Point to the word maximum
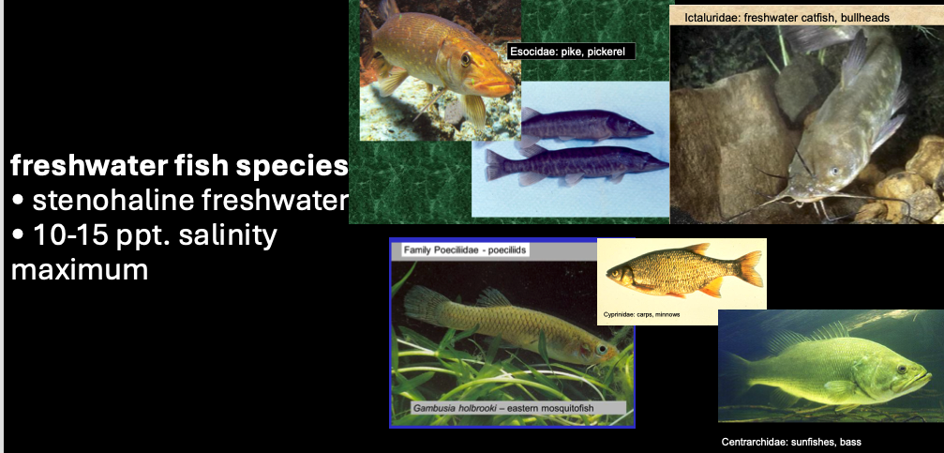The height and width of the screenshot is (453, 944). coord(80,270)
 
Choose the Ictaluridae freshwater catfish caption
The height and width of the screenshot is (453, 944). coord(792,17)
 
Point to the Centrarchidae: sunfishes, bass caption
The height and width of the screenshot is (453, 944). coord(790,441)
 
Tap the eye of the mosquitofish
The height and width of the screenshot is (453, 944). coord(601,350)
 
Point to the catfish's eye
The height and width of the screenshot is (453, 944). coord(832,172)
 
